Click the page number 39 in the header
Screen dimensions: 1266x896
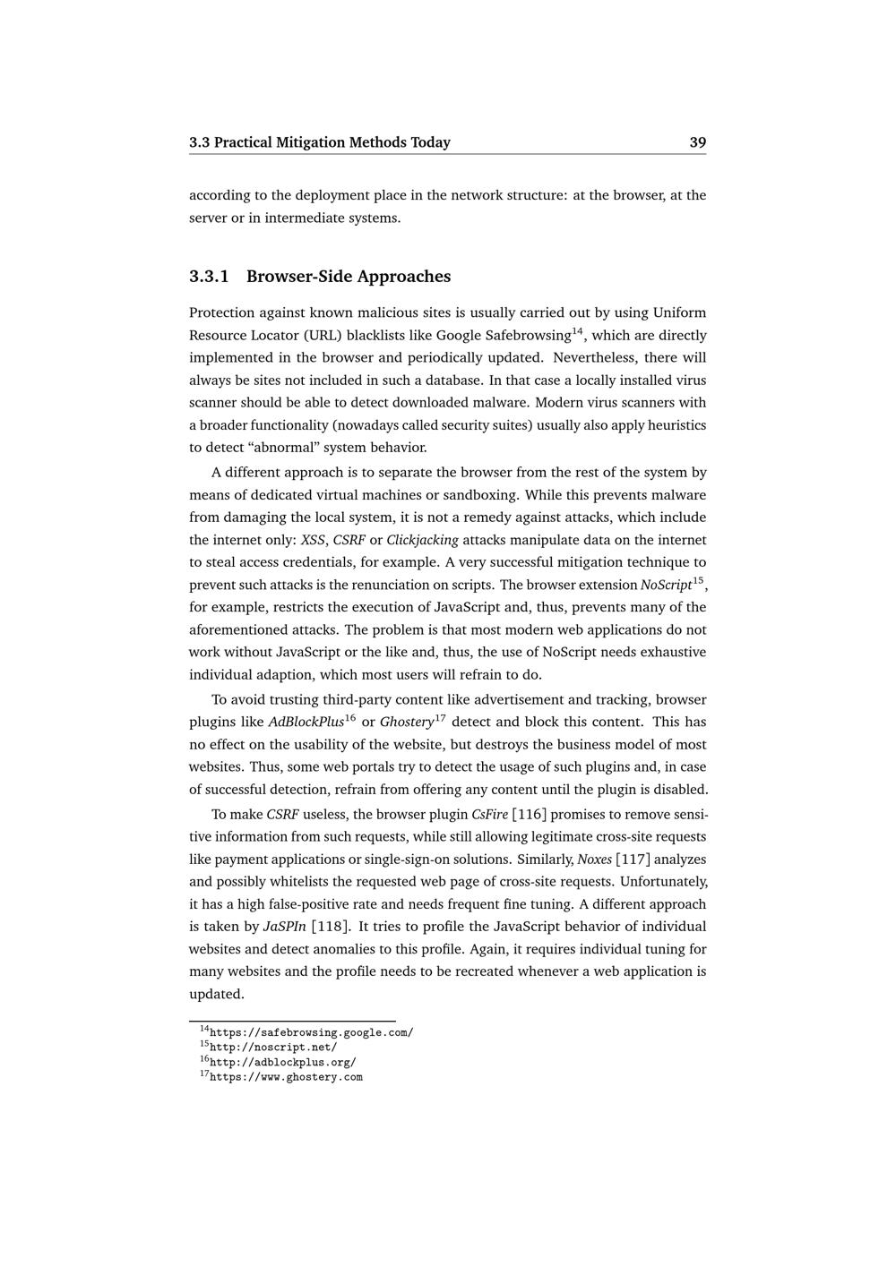(697, 142)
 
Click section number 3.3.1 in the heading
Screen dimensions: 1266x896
(209, 277)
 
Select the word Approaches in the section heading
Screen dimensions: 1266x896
(404, 277)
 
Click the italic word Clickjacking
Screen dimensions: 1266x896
(422, 540)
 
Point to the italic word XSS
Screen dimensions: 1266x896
(313, 540)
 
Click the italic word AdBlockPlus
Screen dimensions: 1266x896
(306, 723)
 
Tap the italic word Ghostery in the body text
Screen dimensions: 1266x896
(406, 723)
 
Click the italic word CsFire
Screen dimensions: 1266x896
(489, 815)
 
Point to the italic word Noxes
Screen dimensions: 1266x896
(594, 860)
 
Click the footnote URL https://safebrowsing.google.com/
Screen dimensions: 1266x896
(311, 1032)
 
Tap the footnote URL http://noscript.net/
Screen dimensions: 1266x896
(273, 1048)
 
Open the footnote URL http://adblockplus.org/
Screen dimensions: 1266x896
(282, 1063)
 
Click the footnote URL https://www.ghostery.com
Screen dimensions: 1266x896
(286, 1077)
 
